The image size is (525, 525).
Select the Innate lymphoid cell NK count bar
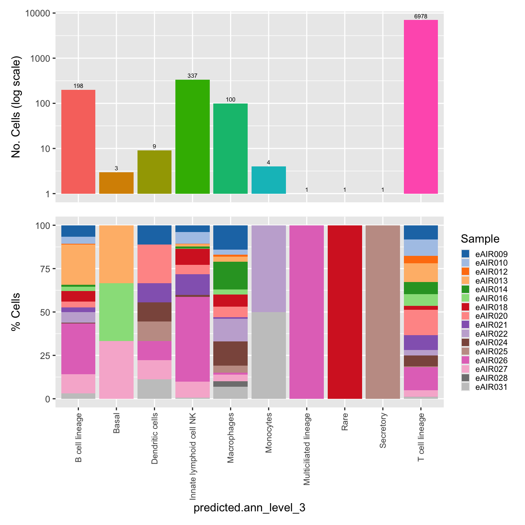[193, 136]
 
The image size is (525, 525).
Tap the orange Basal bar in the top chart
[116, 183]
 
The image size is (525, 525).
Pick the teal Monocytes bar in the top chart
[269, 180]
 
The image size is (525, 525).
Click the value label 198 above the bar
[79, 86]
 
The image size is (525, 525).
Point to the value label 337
[193, 76]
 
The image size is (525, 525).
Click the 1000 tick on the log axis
[40, 59]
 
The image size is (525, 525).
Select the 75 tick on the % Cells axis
[45, 269]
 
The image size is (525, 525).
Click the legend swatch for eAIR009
[465, 254]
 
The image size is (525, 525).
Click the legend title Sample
[480, 239]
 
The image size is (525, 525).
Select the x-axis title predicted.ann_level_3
[249, 508]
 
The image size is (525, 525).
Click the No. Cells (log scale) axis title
[16, 107]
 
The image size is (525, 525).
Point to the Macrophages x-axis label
[231, 438]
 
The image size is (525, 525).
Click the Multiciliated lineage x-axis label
[307, 449]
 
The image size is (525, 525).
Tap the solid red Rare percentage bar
[345, 312]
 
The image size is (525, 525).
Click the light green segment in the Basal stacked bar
[116, 312]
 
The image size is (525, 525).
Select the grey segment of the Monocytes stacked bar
[269, 355]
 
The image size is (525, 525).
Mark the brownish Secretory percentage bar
[383, 312]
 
